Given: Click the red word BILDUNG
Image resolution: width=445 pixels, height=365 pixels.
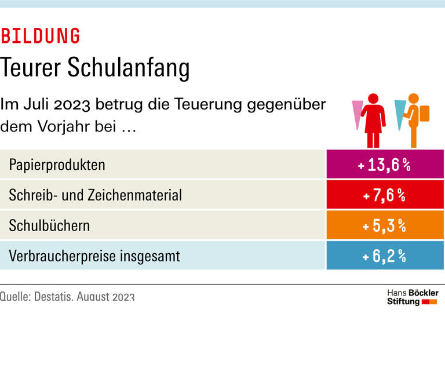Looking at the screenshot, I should coord(40,36).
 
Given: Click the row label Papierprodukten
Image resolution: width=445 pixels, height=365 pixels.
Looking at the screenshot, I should coord(57,165).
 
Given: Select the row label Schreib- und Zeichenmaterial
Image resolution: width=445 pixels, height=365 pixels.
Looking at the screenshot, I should coord(95,195).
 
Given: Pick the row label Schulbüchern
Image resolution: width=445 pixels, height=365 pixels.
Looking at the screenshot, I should coord(49,225).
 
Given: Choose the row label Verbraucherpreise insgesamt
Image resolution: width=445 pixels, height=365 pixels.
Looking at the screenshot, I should coord(94,256).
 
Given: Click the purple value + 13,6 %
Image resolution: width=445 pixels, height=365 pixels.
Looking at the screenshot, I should coord(385,165).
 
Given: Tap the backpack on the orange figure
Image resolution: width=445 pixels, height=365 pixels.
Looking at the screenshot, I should coord(424,113).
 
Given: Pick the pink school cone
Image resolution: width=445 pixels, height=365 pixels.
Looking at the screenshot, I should coord(358,113).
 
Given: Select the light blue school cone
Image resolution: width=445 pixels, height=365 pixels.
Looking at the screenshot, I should coord(400,113).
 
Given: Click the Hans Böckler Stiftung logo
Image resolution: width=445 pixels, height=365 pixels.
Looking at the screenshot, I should coord(412,297).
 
